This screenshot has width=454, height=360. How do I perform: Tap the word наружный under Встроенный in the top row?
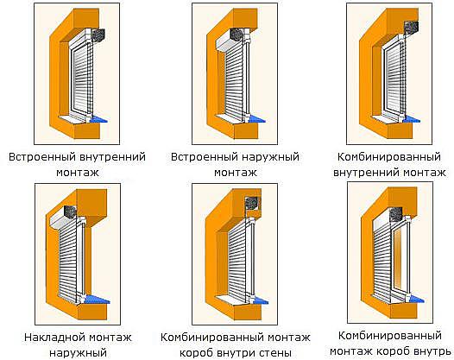click(270, 157)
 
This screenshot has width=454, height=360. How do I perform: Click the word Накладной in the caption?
click(54, 338)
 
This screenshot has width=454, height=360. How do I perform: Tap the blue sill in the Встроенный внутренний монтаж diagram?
click(98, 119)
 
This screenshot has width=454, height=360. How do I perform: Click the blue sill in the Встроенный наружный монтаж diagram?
click(256, 119)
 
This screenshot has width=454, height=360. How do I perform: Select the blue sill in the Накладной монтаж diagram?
click(98, 299)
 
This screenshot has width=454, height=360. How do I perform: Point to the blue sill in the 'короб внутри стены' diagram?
click(258, 300)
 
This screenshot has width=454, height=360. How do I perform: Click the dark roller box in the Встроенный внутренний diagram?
click(98, 35)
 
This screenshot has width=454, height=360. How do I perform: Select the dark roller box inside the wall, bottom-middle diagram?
click(252, 204)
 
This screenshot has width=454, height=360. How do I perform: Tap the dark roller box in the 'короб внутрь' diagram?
click(396, 215)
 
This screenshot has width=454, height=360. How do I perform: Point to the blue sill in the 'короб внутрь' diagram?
click(415, 299)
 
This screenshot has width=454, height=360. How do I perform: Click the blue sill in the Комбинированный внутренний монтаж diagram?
click(412, 119)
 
